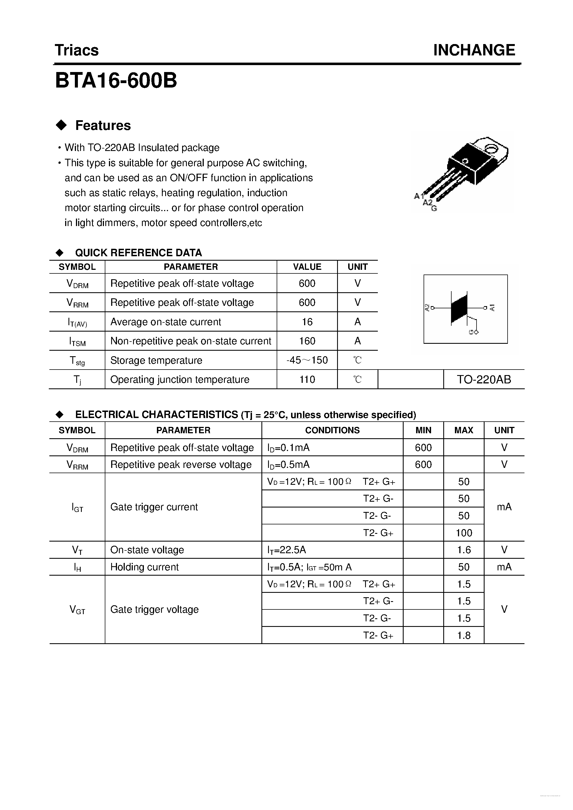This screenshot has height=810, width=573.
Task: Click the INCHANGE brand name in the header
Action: click(x=474, y=50)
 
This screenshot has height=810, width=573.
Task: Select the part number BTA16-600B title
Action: click(x=116, y=81)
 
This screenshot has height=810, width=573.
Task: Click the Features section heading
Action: click(x=103, y=125)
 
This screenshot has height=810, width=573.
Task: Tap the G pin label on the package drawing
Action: click(x=434, y=209)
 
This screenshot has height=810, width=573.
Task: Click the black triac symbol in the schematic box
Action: click(x=459, y=308)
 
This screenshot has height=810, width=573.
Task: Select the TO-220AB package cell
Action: click(x=484, y=379)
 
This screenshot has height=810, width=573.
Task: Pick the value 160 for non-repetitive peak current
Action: click(x=307, y=341)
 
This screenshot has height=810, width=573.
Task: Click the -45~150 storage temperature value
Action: click(x=307, y=360)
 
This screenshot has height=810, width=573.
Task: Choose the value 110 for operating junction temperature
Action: click(x=307, y=379)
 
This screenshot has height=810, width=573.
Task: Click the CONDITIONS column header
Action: click(x=332, y=430)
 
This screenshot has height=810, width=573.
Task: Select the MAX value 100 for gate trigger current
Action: click(x=464, y=533)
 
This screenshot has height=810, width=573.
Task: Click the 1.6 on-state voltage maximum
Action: click(x=464, y=550)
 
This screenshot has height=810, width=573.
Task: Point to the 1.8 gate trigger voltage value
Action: click(x=464, y=635)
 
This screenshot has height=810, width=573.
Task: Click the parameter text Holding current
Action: click(x=144, y=567)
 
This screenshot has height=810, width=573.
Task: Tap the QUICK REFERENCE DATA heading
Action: click(x=138, y=253)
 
